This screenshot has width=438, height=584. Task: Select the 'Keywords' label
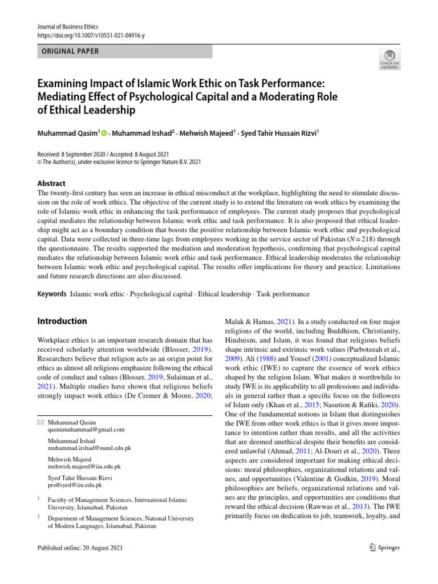[51, 294]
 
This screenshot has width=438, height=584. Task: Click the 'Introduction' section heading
[62, 322]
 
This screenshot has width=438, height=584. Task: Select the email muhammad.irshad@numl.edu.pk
[90, 448]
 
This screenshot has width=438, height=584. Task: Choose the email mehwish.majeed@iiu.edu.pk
[84, 467]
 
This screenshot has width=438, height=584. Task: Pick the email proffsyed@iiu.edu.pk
[75, 485]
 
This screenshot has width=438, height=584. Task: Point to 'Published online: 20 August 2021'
[79, 547]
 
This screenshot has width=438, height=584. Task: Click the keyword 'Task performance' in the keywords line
[283, 294]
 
